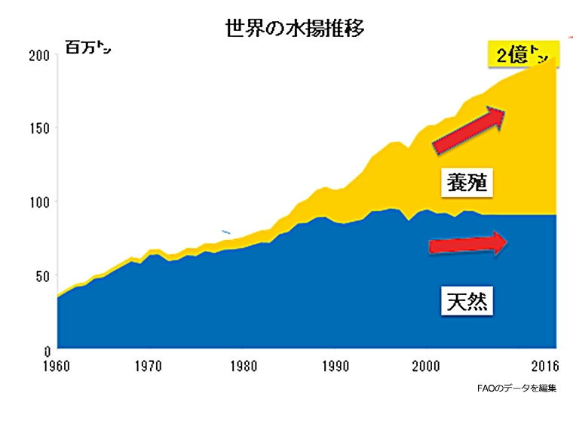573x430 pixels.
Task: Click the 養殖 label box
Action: point(465,183)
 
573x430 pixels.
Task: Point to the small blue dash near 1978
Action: point(225,232)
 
